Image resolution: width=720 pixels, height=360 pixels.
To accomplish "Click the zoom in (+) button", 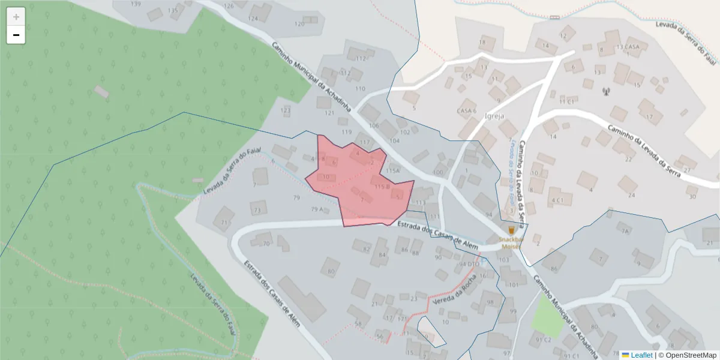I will click(16, 17).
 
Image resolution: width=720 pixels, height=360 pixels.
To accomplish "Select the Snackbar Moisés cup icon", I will click(511, 230).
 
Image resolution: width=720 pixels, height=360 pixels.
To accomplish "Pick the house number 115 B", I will click(382, 187).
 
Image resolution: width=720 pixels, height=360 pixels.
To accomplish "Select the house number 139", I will click(136, 4).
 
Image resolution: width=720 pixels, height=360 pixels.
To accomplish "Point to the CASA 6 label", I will click(466, 111).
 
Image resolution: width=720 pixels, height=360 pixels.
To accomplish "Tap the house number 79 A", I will click(317, 209).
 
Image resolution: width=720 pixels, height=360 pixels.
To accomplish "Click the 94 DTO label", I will click(470, 264).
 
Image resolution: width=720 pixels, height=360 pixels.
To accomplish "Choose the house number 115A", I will click(392, 171).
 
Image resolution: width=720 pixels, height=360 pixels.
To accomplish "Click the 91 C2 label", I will click(544, 340).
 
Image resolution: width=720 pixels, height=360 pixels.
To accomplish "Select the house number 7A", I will click(625, 231).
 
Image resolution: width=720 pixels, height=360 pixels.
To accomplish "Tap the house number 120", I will click(299, 24).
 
